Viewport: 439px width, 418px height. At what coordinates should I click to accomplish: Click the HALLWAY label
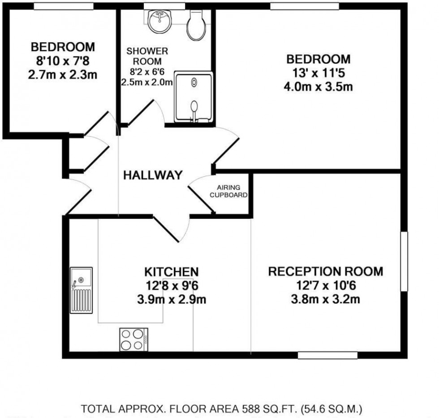coord(153,175)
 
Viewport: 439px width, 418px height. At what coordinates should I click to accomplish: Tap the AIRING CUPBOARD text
coord(229,191)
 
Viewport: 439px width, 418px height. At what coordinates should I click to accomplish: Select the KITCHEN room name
coord(171,272)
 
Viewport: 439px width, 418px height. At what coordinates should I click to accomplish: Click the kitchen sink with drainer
coord(82,290)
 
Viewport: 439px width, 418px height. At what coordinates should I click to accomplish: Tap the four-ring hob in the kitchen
coord(134,340)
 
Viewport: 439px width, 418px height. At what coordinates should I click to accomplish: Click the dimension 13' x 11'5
coord(318,73)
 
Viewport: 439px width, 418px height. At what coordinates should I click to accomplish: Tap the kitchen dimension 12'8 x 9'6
coord(171,286)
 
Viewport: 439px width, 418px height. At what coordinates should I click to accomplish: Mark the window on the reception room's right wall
coord(405,261)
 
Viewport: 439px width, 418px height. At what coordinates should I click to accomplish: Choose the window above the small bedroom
coord(64,6)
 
